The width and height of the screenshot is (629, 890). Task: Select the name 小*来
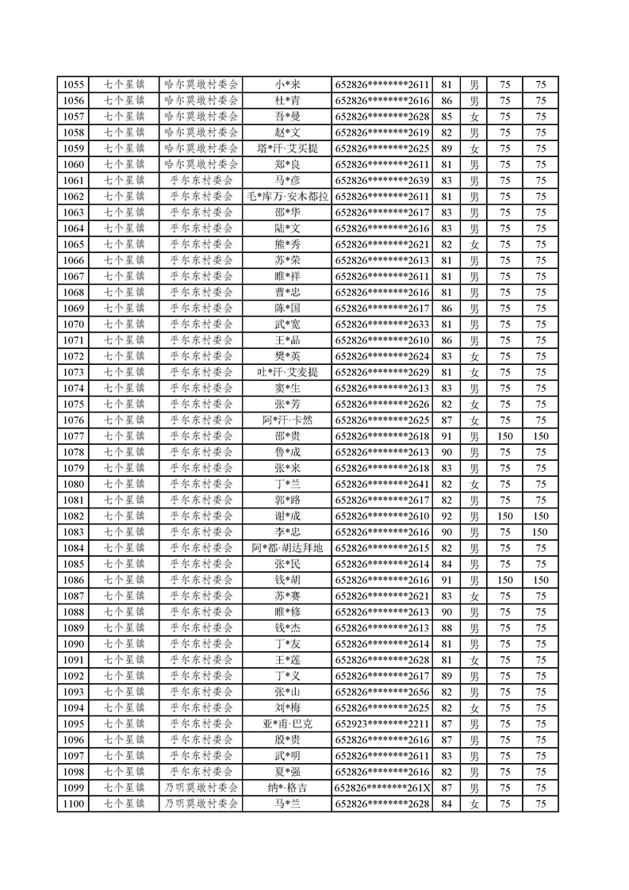point(287,85)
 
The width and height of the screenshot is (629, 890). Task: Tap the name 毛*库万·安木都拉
point(287,197)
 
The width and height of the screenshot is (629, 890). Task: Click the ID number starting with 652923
point(382,724)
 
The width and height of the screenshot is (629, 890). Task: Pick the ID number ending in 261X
point(382,788)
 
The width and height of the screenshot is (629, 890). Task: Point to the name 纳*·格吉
point(287,788)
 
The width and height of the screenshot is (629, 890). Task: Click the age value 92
point(446,516)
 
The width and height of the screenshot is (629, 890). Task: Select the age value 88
point(446,628)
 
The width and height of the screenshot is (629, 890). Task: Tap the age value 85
point(446,117)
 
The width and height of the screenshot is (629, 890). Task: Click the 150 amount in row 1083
point(540,532)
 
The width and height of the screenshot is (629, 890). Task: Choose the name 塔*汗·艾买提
point(287,148)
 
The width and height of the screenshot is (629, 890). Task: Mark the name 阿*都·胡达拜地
point(287,548)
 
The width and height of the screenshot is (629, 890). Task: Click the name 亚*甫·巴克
point(287,724)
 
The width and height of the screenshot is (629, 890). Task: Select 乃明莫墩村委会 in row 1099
point(201,788)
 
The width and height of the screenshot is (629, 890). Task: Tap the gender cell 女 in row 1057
point(474,117)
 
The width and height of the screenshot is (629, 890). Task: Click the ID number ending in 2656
point(382,692)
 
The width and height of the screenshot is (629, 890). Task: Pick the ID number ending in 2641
point(382,484)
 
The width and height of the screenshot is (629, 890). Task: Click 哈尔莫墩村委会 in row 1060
point(201,164)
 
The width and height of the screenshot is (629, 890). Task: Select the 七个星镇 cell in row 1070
point(125,324)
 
